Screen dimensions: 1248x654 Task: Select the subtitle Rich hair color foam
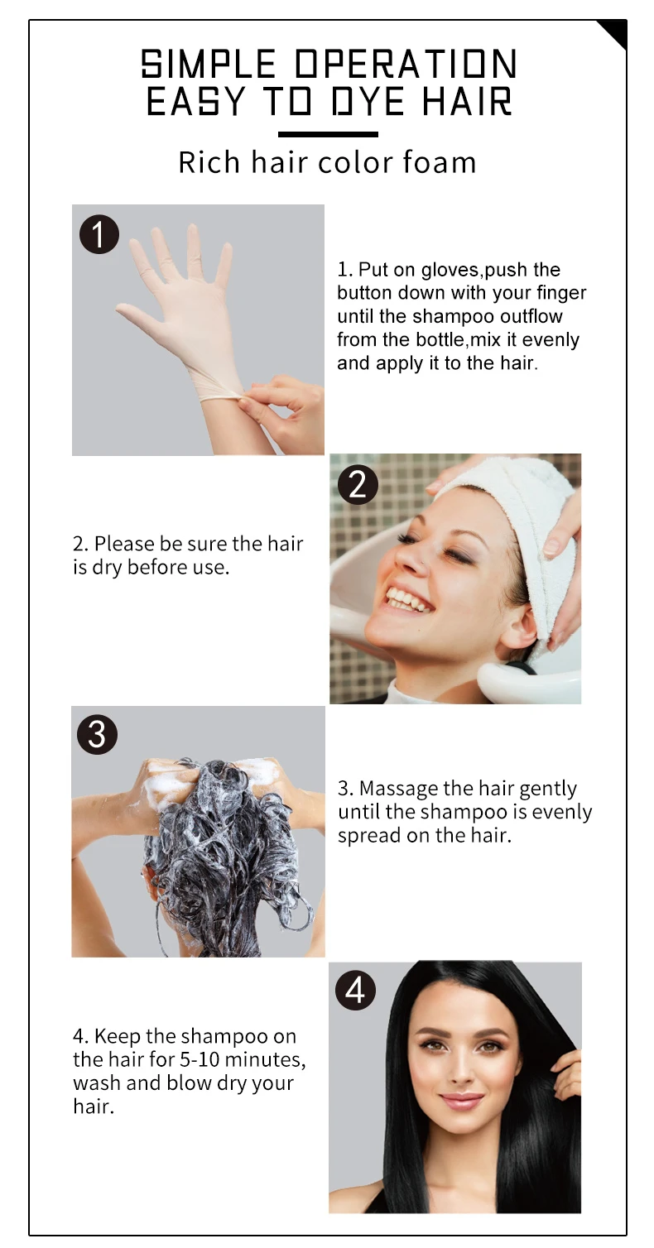[x=327, y=162]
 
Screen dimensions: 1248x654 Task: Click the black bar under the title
[x=327, y=134]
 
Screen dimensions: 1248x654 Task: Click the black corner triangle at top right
[x=614, y=33]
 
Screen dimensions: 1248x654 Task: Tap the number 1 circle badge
[x=99, y=235]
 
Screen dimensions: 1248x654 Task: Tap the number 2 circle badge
[x=357, y=484]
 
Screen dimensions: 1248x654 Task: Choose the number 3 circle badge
[x=97, y=734]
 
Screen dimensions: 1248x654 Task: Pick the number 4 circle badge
[x=354, y=990]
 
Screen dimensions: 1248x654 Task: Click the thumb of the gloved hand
[x=134, y=313]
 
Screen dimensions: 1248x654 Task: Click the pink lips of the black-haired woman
[x=462, y=1101]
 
